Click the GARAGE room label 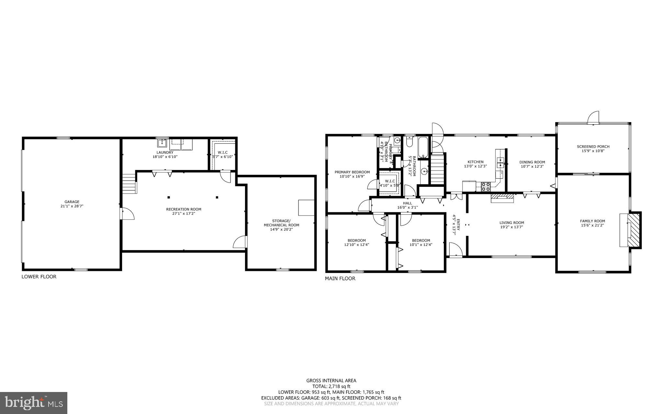pyautogui.click(x=72, y=202)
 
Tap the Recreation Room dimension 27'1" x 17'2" pyautogui.click(x=184, y=213)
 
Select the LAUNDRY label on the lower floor pyautogui.click(x=165, y=152)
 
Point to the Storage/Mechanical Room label pyautogui.click(x=281, y=223)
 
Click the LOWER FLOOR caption pyautogui.click(x=39, y=276)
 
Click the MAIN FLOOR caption pyautogui.click(x=340, y=278)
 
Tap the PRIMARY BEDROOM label pyautogui.click(x=352, y=172)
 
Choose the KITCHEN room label pyautogui.click(x=475, y=162)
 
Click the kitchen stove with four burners pyautogui.click(x=486, y=186)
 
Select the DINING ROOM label pyautogui.click(x=532, y=162)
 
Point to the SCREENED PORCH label pyautogui.click(x=593, y=147)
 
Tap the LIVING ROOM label pyautogui.click(x=511, y=223)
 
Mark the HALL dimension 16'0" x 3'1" pyautogui.click(x=408, y=207)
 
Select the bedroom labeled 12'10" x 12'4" pyautogui.click(x=356, y=242)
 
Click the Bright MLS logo pyautogui.click(x=33, y=403)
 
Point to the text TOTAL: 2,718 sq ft pyautogui.click(x=331, y=386)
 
